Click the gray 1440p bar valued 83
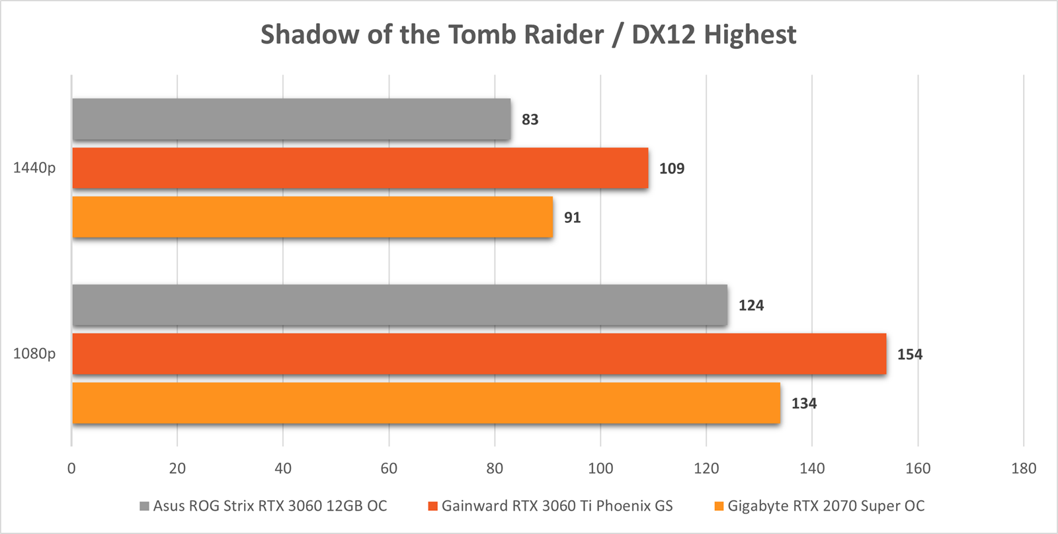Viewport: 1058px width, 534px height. point(291,119)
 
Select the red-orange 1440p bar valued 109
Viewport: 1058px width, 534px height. point(360,168)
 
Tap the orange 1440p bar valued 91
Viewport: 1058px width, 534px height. point(312,217)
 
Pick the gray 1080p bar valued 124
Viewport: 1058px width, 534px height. point(399,305)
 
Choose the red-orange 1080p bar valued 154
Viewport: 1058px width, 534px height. point(479,354)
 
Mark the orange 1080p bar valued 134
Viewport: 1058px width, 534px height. point(426,403)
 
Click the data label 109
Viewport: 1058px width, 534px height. point(671,169)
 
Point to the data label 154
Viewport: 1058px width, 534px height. point(909,355)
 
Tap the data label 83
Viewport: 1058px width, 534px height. point(530,120)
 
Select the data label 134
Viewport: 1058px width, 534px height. point(803,404)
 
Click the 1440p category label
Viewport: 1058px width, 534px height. point(34,168)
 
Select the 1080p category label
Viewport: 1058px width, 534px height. point(34,354)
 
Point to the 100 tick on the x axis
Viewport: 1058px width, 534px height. point(600,468)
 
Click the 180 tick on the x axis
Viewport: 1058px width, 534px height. point(1024,468)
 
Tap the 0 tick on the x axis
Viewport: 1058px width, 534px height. point(71,468)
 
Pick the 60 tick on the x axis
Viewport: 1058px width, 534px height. point(389,468)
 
